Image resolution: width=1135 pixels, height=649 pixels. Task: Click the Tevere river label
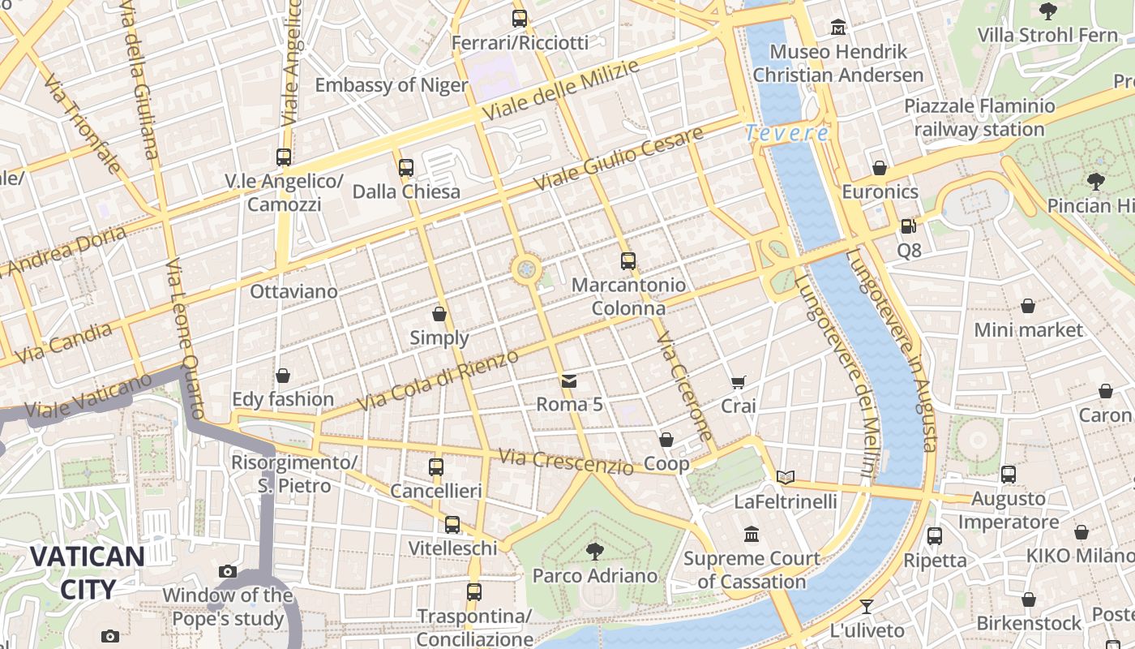[787, 133]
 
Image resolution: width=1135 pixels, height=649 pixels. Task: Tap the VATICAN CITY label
[88, 573]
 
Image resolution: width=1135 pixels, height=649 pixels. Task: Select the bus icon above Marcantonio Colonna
[628, 261]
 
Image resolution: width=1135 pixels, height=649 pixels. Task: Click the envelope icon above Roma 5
[569, 380]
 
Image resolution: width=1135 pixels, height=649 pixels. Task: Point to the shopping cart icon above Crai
[738, 382]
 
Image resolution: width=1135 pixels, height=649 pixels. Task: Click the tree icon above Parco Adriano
[595, 552]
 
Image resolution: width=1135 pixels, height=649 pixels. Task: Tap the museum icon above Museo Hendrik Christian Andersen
[838, 28]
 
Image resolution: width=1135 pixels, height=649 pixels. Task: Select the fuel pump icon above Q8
[908, 226]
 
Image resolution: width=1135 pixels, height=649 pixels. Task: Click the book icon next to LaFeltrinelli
[785, 477]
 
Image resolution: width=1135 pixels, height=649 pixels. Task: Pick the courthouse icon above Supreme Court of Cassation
[752, 535]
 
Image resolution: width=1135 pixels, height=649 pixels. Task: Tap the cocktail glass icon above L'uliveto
[867, 606]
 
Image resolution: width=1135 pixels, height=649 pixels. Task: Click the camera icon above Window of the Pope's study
[228, 572]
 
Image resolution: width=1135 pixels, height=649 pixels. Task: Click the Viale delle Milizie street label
[559, 90]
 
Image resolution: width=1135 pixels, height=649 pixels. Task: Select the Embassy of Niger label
[391, 85]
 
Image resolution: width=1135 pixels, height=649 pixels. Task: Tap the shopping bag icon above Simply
[439, 314]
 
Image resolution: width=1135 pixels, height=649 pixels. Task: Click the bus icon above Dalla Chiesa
[406, 168]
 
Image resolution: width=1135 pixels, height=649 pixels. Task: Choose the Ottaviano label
[294, 291]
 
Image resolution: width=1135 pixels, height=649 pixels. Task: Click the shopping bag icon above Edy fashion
[283, 376]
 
